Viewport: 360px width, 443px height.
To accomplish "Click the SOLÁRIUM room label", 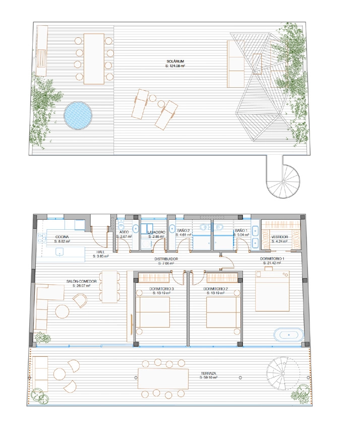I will click(x=174, y=61).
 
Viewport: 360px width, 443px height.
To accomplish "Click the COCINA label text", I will click(x=62, y=236).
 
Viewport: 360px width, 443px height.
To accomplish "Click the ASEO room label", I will click(x=124, y=232).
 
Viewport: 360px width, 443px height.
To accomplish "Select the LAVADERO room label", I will click(x=156, y=232).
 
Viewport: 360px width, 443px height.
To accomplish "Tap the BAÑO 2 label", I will click(x=183, y=230).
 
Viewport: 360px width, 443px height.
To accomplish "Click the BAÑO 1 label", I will click(x=241, y=230).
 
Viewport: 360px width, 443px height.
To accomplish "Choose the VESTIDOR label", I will click(x=279, y=236).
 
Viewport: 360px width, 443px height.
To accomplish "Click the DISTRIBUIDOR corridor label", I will click(x=166, y=259).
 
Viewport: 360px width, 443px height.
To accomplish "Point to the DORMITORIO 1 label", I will click(x=272, y=259).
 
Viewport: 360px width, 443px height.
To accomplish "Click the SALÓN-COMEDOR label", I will click(x=81, y=282).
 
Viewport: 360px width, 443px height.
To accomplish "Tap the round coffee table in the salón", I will click(x=63, y=311).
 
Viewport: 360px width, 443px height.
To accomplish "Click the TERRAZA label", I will click(x=208, y=373).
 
